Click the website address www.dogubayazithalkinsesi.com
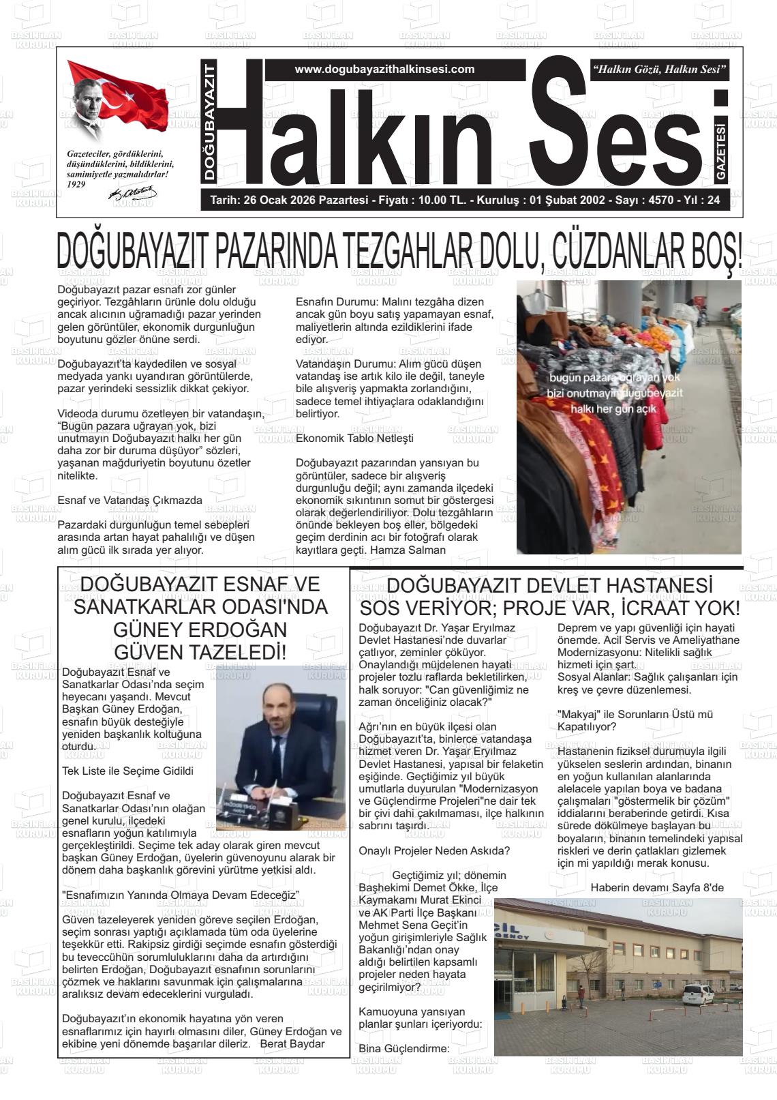(384, 70)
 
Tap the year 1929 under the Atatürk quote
(77, 184)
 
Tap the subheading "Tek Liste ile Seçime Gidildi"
(127, 771)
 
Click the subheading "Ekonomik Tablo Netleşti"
(354, 438)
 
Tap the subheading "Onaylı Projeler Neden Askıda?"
(434, 850)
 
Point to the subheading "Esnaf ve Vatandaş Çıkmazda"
(129, 500)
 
